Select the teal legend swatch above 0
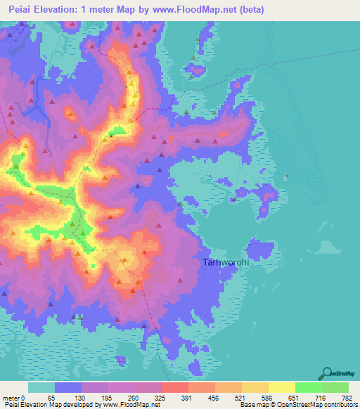coord(41,387)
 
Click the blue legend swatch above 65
coord(68,387)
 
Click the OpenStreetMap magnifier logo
coord(327,374)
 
